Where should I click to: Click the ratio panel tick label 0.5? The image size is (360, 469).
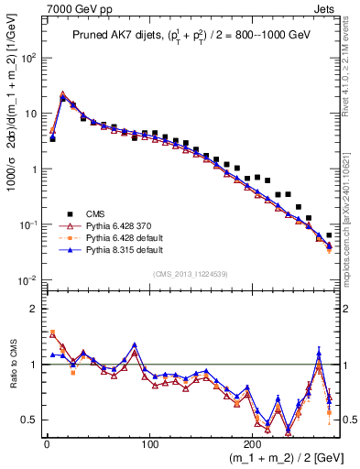click(29, 420)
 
